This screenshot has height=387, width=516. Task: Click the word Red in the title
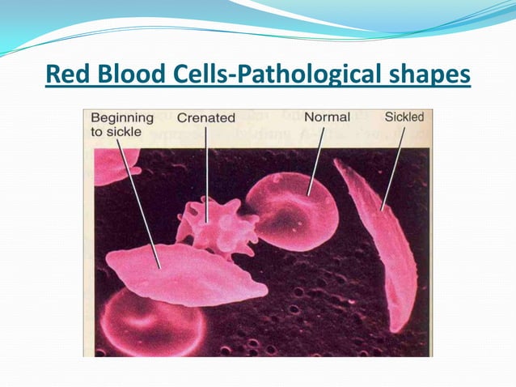tap(67, 75)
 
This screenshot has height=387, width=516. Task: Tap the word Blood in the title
tap(125, 75)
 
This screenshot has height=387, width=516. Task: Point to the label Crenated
tap(205, 118)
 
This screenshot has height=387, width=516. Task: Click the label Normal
tap(327, 117)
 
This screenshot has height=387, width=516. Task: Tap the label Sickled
tap(404, 117)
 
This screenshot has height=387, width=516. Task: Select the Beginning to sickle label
tap(122, 125)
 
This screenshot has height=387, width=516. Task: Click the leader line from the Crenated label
tap(206, 170)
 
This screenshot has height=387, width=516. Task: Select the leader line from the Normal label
tap(317, 158)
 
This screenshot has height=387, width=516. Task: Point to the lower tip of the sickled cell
tap(404, 329)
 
